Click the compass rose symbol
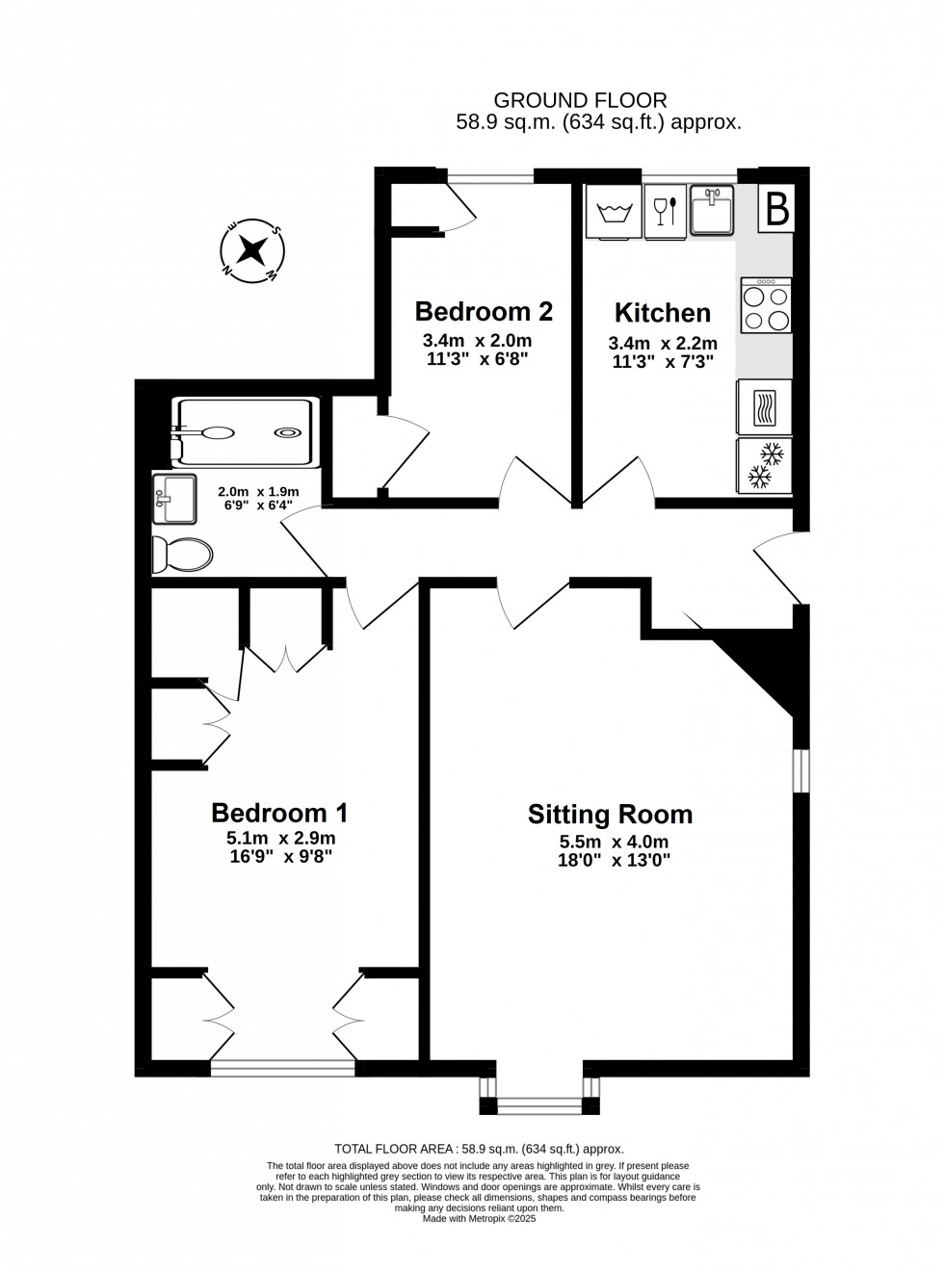coord(252,250)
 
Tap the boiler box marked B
coord(776,208)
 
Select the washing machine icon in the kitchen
coord(614,212)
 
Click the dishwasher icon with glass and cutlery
coord(665,212)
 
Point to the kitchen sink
coord(712,210)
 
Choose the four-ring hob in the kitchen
coord(766,304)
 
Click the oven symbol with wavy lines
coord(764,407)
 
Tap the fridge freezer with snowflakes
coord(764,466)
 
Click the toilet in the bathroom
coord(182,555)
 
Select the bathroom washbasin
coord(174,499)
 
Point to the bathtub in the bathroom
coord(245,432)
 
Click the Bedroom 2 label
coord(484,311)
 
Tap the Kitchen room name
coord(662,313)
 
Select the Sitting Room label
coord(610,815)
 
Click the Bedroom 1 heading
coord(279,813)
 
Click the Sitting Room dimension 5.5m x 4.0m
coord(614,842)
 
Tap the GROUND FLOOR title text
coord(580,100)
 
